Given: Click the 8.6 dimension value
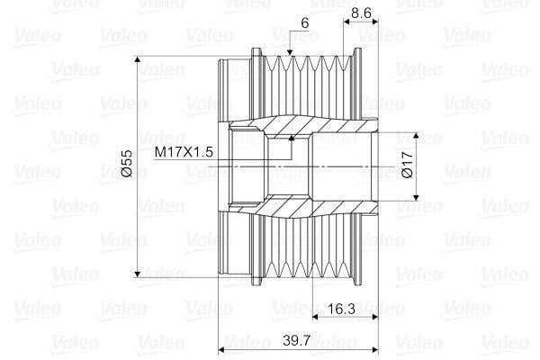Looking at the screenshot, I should pos(363,13).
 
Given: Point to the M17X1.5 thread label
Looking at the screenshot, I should pos(183,152).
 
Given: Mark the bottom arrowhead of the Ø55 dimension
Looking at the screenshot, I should pos(138,273).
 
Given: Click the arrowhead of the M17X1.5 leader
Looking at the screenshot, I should pos(292,138).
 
